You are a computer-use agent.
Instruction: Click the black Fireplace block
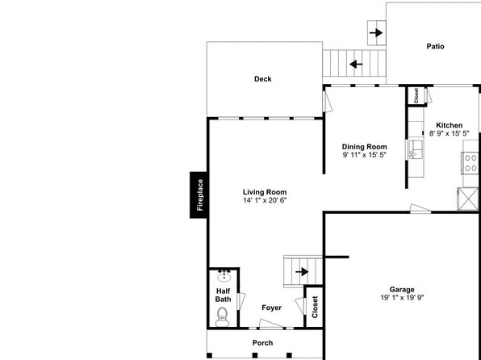click(199, 195)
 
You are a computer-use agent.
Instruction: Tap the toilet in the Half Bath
click(223, 316)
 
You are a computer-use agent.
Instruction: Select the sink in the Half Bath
click(224, 276)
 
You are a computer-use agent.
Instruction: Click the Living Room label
click(265, 192)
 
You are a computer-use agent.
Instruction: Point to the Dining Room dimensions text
click(364, 155)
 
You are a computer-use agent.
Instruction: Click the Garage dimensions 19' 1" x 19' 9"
click(402, 297)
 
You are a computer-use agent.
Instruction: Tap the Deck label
click(263, 79)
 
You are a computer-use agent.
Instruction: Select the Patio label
click(435, 46)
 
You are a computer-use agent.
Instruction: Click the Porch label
click(262, 343)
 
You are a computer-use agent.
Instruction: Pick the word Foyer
click(271, 308)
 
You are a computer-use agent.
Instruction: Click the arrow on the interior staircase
click(302, 271)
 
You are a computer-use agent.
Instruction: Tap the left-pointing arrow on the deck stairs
click(356, 65)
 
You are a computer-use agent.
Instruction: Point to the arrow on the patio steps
click(376, 33)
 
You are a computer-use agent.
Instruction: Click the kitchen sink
click(416, 149)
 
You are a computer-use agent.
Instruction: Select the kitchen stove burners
click(471, 163)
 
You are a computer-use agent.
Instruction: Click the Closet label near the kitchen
click(416, 96)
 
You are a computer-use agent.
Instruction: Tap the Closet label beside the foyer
click(315, 307)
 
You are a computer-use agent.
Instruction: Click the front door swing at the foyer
click(271, 324)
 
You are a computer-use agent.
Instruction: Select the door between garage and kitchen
click(420, 208)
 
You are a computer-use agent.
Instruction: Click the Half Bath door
click(241, 301)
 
